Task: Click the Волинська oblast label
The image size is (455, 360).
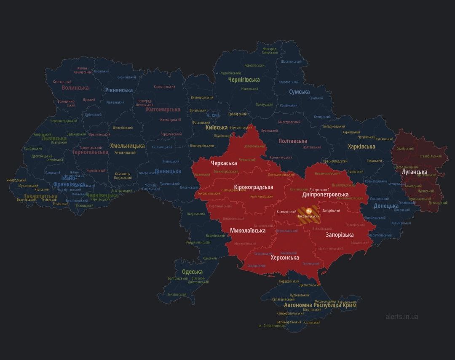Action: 75,88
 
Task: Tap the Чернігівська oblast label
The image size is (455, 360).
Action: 244,80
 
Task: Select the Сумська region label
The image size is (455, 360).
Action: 299,92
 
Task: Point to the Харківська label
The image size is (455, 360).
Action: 361,147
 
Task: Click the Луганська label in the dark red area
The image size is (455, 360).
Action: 414,172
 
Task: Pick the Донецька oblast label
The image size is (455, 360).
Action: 386,206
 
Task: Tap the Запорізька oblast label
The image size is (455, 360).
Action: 340,235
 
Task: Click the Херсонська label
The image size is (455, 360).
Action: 285,257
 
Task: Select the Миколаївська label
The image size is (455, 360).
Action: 248,231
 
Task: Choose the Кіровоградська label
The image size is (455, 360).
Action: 253,187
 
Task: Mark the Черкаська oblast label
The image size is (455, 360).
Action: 224,163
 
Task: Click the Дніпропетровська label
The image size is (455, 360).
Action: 325,195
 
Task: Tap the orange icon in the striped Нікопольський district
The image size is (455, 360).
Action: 309,210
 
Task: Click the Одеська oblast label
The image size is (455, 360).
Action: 192,272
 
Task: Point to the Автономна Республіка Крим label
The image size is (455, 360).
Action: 320,305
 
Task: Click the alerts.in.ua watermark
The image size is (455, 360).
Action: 401,316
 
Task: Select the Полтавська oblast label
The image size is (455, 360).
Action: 292,141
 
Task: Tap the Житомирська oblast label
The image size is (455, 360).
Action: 163,109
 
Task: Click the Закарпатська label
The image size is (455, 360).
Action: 40,196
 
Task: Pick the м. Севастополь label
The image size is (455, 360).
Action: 272,325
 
